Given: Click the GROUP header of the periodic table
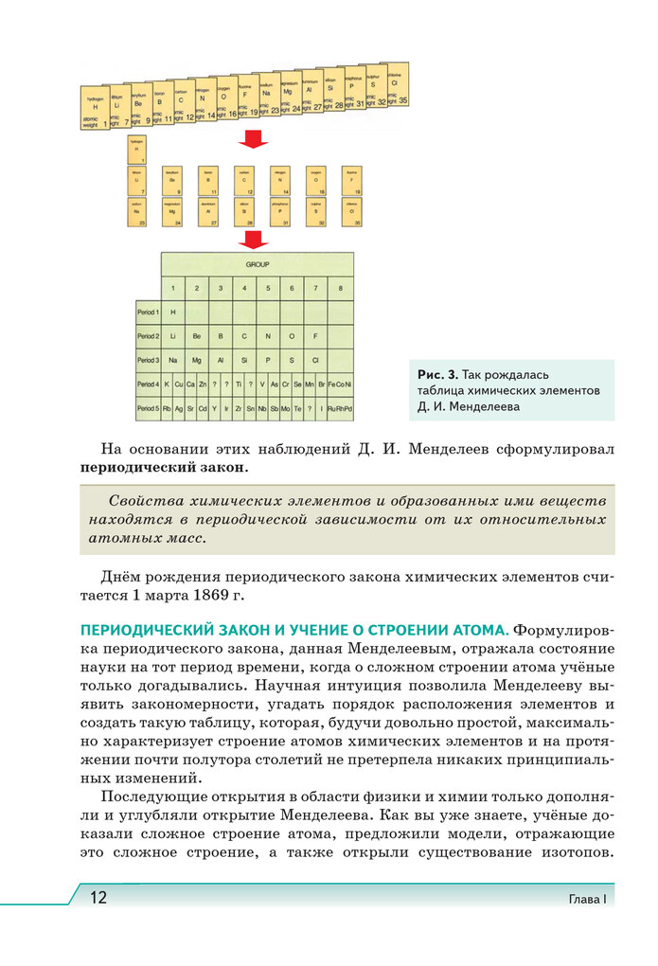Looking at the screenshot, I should (258, 264).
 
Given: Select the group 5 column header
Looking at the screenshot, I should (269, 287).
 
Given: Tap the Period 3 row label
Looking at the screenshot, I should (148, 361).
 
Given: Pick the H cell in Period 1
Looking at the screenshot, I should (173, 312).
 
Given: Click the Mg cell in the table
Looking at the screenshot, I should (196, 361).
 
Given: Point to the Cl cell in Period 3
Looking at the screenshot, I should (317, 361).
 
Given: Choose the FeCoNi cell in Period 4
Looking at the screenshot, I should (342, 385).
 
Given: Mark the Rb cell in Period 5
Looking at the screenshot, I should (167, 409).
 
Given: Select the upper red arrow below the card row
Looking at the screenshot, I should (251, 139).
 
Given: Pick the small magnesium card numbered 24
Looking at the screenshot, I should (172, 211).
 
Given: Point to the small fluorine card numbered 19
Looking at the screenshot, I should (350, 180).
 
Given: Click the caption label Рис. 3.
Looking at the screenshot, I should (437, 375).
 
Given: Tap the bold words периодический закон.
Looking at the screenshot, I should (165, 468).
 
